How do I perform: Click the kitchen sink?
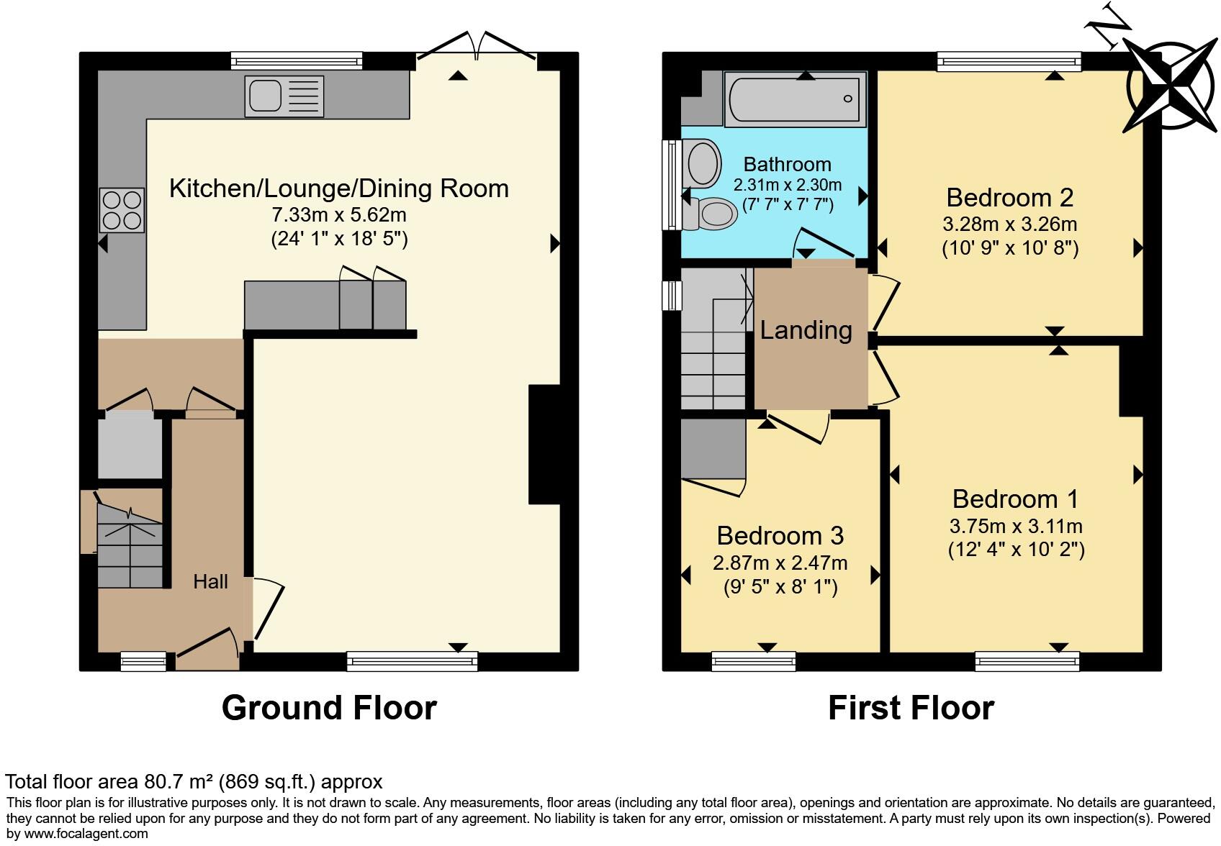(x=284, y=96)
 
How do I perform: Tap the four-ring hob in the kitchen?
(x=122, y=209)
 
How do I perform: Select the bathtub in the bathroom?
(x=795, y=99)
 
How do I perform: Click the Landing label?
(x=806, y=330)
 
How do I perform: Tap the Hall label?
(x=210, y=581)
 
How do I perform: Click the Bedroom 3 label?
(x=780, y=536)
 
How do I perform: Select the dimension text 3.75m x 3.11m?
(x=1015, y=527)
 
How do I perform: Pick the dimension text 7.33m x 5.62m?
(x=338, y=215)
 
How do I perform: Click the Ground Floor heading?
(x=329, y=708)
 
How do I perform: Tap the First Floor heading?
(x=911, y=708)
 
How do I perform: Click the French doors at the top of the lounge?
(x=477, y=45)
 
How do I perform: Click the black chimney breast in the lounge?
(x=544, y=444)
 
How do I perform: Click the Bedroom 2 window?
(x=1009, y=62)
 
